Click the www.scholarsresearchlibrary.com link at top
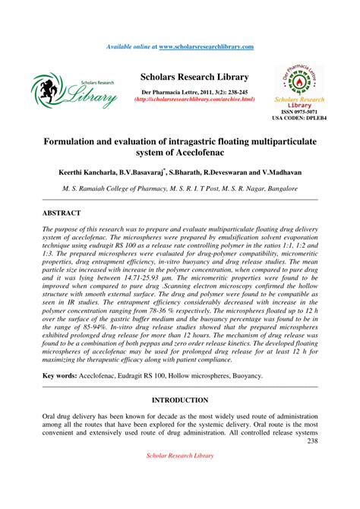point(206,47)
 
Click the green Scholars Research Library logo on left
point(74,90)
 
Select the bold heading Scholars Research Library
point(194,77)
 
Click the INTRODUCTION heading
point(180,400)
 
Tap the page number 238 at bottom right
point(311,441)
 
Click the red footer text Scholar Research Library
point(180,455)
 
